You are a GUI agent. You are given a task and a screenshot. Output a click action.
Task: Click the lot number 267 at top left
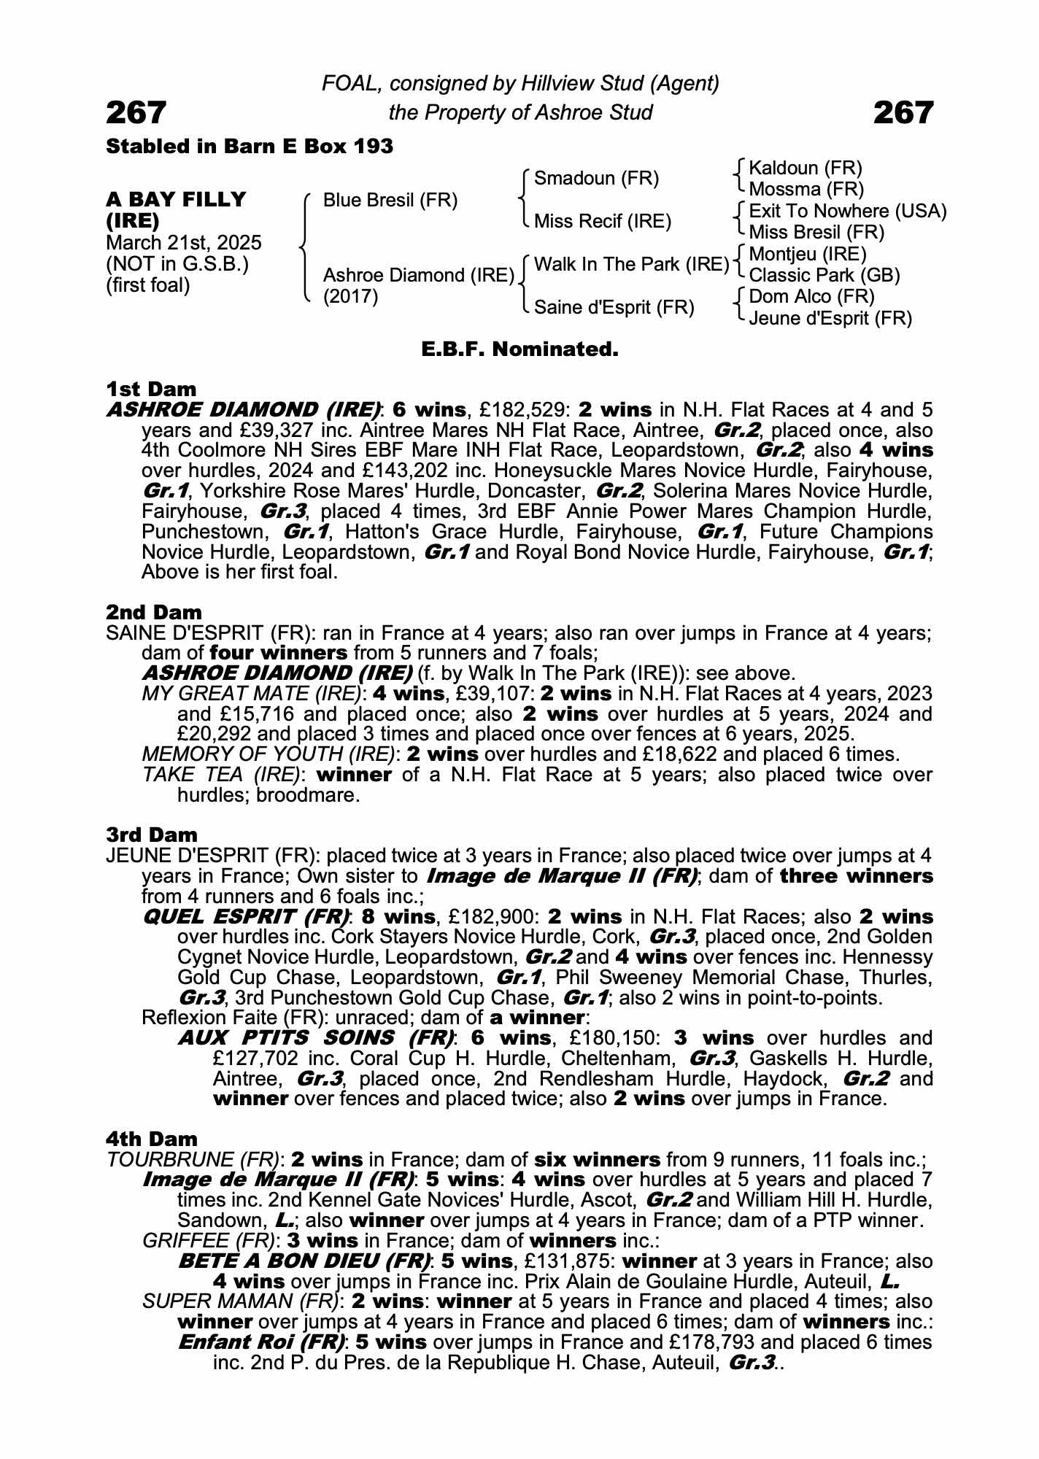pos(136,113)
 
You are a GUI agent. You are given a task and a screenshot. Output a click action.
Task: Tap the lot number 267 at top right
pos(903,113)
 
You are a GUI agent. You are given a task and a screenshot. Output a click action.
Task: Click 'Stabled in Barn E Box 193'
pos(250,147)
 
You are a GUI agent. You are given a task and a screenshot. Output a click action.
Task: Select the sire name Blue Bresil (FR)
pos(390,200)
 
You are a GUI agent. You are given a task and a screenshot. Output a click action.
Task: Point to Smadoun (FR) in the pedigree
pos(596,179)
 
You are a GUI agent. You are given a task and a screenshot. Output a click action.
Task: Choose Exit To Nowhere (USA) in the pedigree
pos(848,212)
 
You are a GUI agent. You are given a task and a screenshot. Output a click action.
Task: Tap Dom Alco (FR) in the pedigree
pos(811,296)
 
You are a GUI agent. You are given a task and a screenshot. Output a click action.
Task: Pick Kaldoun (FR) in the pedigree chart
pos(806,169)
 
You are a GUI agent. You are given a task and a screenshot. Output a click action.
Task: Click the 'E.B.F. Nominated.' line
pos(519,349)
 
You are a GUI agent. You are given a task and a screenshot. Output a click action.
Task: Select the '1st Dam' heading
pos(151,389)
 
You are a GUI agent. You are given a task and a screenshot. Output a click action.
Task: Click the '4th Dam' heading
pos(152,1139)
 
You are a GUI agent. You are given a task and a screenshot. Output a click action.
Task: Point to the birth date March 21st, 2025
pos(184,243)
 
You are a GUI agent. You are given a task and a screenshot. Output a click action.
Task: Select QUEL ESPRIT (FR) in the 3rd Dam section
pos(247,916)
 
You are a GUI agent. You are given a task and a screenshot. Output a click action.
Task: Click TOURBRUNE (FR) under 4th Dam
pos(193,1159)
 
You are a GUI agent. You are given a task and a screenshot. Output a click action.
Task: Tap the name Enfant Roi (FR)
pos(261,1342)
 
